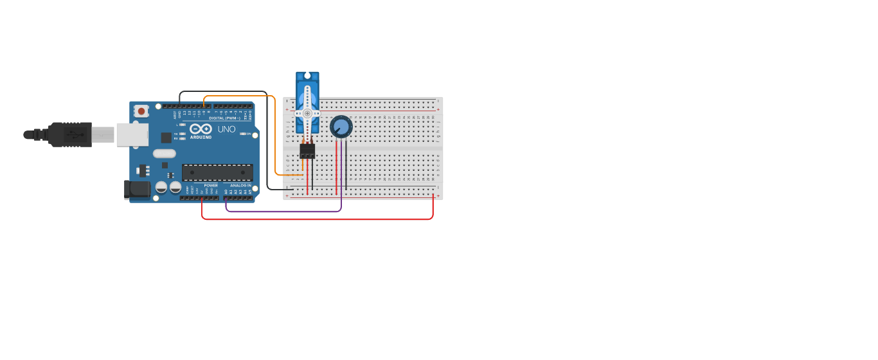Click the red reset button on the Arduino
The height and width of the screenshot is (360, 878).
point(141,111)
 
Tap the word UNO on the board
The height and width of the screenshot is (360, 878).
point(226,129)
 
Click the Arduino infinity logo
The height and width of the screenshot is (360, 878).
point(201,129)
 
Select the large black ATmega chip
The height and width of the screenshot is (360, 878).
point(217,172)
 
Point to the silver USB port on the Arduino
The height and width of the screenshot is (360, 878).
point(132,135)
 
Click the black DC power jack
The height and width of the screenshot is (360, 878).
point(136,189)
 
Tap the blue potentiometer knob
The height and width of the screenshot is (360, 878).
point(341,127)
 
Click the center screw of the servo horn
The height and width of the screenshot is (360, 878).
point(307,114)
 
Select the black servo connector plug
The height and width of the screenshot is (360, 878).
point(307,150)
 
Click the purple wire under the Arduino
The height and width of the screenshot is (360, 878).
point(283,211)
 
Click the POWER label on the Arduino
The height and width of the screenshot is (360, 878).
point(211,185)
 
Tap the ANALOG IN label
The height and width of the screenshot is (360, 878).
point(241,185)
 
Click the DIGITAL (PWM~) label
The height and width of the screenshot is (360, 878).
point(224,118)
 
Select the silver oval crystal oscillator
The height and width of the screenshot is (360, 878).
point(165,153)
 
